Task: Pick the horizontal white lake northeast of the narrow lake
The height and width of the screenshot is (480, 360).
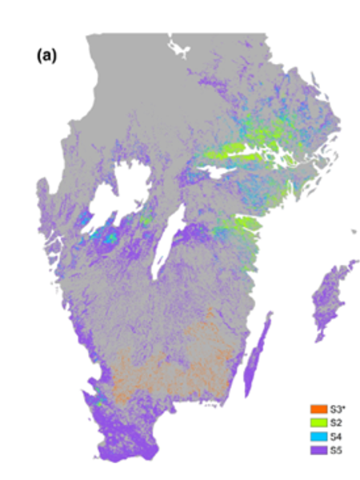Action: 220,171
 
